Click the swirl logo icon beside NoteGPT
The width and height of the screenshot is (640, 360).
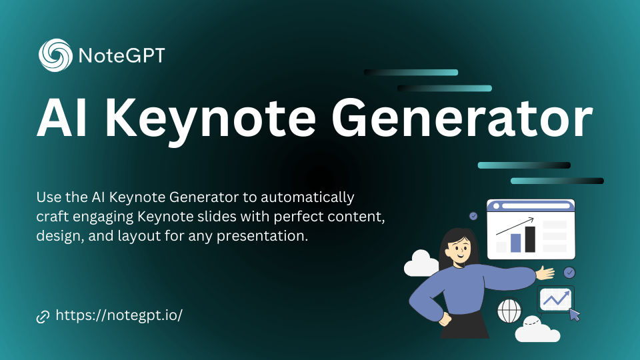tap(55, 55)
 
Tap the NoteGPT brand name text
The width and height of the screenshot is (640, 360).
tap(121, 55)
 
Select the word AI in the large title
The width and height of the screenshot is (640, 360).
tap(61, 119)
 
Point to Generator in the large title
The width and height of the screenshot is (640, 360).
tap(461, 119)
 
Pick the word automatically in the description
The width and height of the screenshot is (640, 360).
tap(307, 197)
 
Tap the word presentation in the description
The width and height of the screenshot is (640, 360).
tap(262, 236)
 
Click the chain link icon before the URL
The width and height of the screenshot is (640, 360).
tap(43, 316)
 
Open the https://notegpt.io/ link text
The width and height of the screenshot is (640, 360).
tap(119, 315)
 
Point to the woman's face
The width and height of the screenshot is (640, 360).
tap(459, 251)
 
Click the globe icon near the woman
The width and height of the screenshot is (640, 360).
tap(509, 311)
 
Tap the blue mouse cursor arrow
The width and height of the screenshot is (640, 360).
tap(575, 315)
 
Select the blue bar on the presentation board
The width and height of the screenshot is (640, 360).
tap(515, 243)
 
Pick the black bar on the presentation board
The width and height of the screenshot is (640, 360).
tap(530, 239)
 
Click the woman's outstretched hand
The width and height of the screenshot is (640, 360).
tap(545, 273)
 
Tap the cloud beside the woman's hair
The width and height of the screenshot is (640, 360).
tap(421, 264)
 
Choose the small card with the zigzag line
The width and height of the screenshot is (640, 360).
tap(555, 299)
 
